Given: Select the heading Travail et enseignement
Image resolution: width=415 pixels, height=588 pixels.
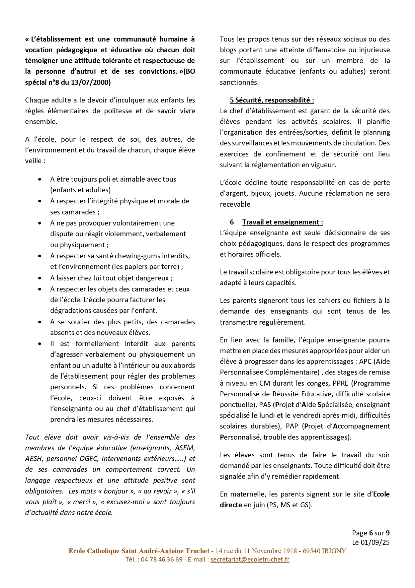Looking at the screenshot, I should (x=282, y=222).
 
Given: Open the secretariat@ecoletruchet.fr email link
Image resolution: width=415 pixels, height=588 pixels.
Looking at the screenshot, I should (x=250, y=559).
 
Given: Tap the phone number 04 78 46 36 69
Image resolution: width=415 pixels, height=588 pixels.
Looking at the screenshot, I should (x=162, y=559).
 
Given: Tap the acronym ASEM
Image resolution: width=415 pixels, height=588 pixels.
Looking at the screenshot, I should (x=185, y=448).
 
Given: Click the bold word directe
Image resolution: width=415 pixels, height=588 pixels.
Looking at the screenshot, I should (x=231, y=505).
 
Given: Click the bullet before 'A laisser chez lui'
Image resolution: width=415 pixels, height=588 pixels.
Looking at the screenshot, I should (x=40, y=278).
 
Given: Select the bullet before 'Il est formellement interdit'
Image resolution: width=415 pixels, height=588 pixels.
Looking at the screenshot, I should (x=40, y=344).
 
